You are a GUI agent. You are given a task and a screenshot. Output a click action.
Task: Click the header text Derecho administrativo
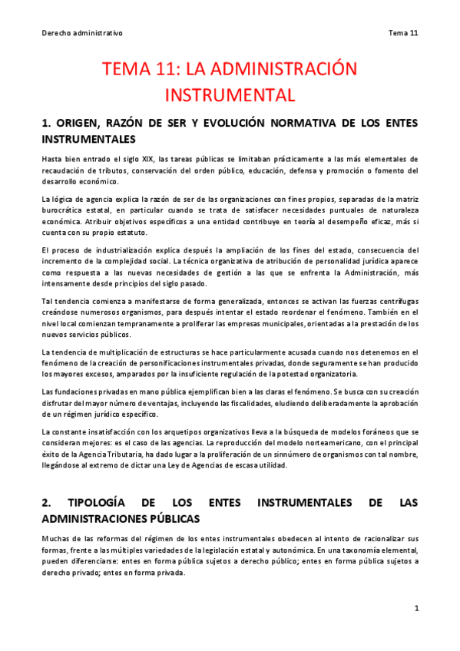coord(82,33)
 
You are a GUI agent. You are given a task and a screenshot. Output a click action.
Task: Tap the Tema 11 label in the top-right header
coord(402,33)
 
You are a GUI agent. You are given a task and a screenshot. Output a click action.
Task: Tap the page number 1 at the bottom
coord(415,608)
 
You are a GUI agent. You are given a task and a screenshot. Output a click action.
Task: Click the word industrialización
coord(114,250)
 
